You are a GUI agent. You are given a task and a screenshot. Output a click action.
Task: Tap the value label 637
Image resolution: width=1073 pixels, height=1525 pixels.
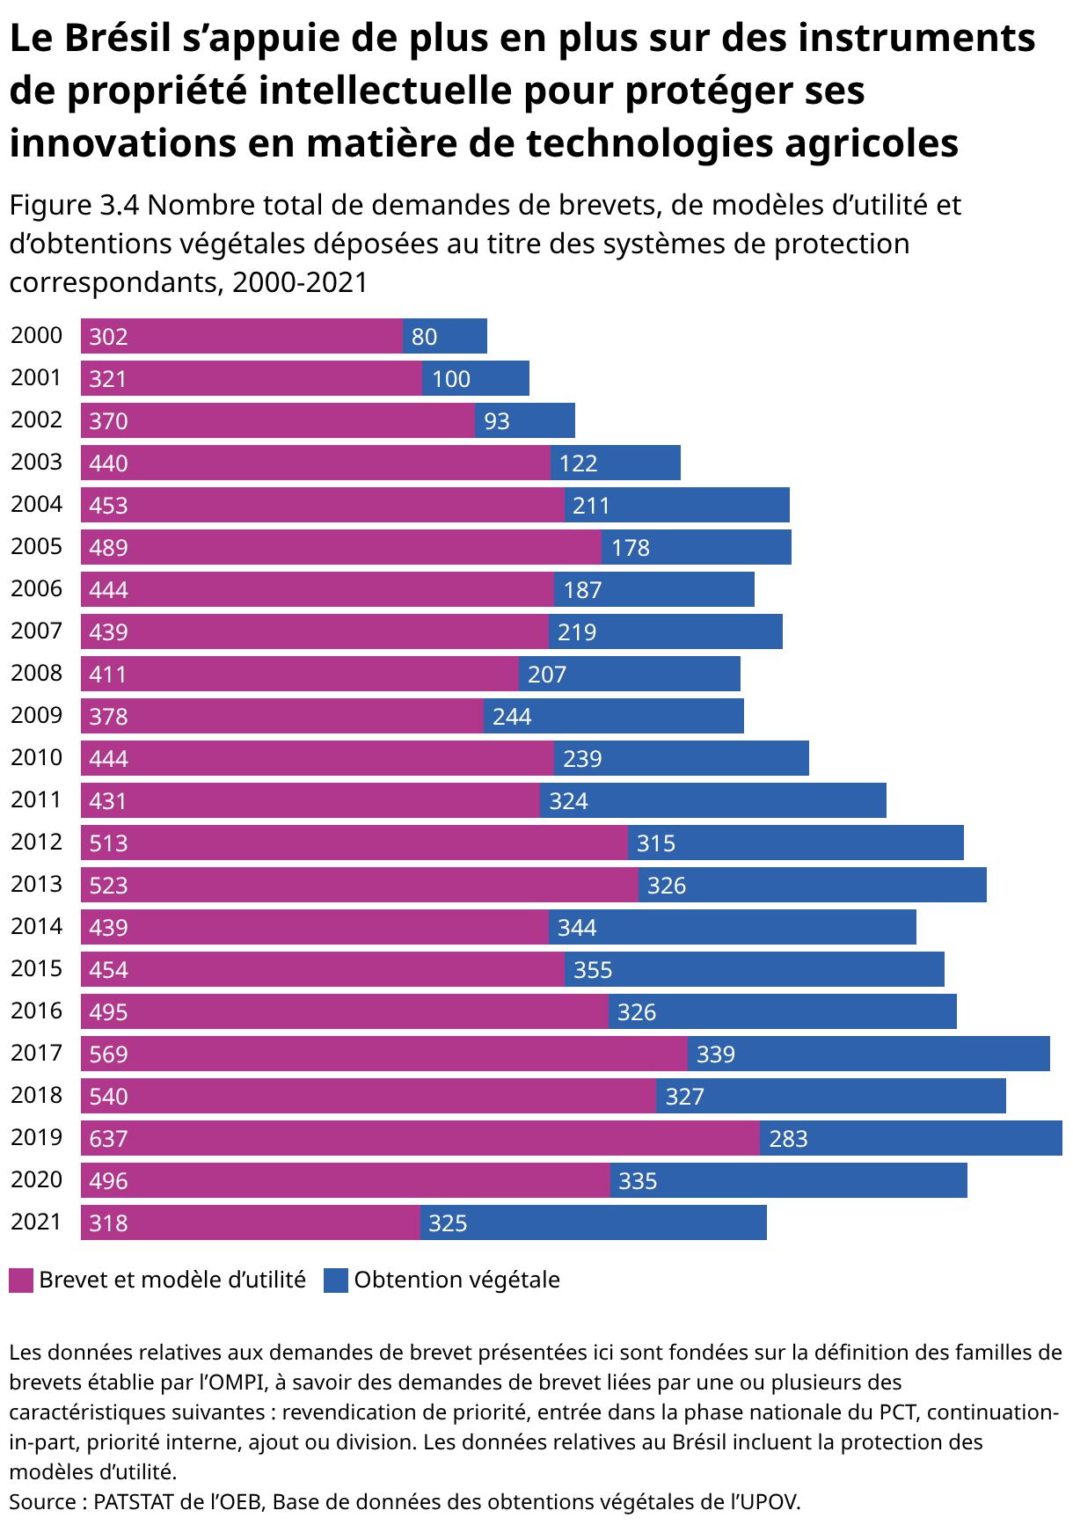[x=109, y=1139]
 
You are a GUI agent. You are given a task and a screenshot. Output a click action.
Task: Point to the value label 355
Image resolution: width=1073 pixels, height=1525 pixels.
[x=593, y=970]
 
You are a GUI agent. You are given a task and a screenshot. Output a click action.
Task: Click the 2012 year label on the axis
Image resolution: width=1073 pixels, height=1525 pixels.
[x=37, y=842]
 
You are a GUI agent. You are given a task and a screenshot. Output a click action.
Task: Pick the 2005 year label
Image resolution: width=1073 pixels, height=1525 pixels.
[x=37, y=546]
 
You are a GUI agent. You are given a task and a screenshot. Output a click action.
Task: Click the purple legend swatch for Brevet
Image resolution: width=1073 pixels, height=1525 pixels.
[x=21, y=1281]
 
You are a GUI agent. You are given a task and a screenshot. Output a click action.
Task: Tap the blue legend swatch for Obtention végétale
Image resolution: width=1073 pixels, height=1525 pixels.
[x=336, y=1281]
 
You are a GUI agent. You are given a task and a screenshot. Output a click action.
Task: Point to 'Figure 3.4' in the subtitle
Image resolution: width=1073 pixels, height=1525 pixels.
[x=75, y=206]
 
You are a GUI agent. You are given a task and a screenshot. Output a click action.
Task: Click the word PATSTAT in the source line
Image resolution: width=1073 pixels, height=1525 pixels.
[x=134, y=1501]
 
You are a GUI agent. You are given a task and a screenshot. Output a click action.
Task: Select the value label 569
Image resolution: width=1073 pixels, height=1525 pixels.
[x=109, y=1054]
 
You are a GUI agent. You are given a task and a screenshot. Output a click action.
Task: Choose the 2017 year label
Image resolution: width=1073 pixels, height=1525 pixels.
[x=37, y=1053]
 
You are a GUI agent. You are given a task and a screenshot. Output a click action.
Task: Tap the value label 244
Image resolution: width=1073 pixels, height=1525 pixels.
[x=512, y=717]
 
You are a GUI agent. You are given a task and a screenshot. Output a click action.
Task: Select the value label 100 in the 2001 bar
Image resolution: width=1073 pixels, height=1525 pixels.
[x=451, y=379]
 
